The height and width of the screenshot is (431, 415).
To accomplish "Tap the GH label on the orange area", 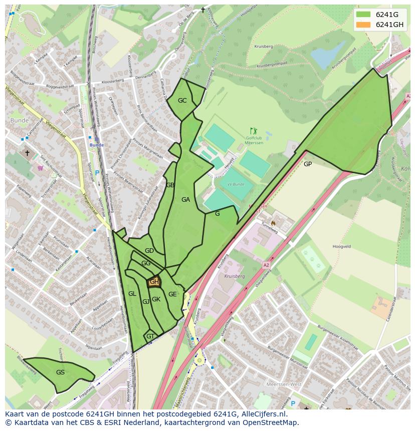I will point(154,282).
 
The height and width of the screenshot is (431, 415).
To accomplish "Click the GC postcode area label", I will point(182,101).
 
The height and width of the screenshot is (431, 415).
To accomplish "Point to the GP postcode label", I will point(308,164).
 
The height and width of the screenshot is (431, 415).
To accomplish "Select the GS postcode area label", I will point(60,372).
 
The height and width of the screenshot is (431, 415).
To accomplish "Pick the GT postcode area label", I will point(150,336).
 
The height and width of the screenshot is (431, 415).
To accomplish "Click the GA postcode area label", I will point(185,200).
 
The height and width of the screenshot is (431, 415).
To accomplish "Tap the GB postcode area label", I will point(170,185).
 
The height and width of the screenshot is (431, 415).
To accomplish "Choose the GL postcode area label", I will point(132,294).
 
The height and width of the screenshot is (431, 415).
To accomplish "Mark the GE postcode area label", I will point(172,294).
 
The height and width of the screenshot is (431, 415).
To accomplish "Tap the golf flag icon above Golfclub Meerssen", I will point(253,131).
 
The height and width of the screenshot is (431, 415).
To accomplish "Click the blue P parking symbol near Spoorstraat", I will point(97,173).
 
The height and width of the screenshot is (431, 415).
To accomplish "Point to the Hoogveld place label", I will point(341,246).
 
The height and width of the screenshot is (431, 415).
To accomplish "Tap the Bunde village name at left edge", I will point(19,121).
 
